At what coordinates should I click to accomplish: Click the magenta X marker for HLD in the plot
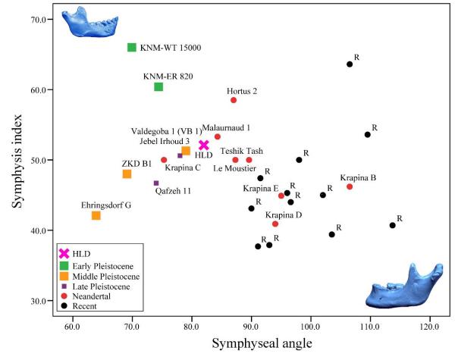(204, 145)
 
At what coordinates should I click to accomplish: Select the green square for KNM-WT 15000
(131, 48)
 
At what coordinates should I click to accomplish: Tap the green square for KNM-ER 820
(158, 87)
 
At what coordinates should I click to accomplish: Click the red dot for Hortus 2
(234, 100)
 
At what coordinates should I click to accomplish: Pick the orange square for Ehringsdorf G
(96, 216)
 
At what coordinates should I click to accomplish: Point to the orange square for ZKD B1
(127, 174)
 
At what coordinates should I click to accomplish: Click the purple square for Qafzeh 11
(156, 183)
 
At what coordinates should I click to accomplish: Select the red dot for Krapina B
(350, 186)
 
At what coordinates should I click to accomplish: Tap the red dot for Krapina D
(275, 224)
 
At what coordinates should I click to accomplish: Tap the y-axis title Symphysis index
(14, 161)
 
